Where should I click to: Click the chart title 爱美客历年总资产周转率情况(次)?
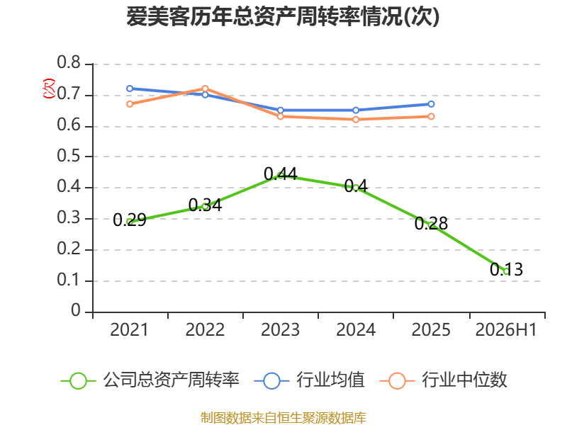(283, 16)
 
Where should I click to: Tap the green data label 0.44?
(281, 174)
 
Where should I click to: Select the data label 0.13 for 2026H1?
(506, 269)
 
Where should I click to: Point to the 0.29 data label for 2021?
(130, 220)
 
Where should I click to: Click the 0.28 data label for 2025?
(431, 223)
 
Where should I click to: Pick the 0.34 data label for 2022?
(205, 205)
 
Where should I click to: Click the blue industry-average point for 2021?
(130, 89)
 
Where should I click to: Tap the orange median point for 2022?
(205, 89)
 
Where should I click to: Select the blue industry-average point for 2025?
(431, 104)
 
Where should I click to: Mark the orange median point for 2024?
(356, 119)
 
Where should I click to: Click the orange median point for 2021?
(130, 104)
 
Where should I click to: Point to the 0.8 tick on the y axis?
(69, 63)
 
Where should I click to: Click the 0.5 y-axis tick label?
(69, 156)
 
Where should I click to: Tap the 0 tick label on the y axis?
(76, 310)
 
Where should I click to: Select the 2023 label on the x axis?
(280, 330)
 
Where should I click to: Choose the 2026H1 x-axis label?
(506, 330)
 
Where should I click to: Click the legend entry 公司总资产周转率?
(150, 380)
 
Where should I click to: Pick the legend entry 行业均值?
(310, 380)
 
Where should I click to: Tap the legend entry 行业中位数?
(444, 380)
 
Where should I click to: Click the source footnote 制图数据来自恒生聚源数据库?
(283, 418)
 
